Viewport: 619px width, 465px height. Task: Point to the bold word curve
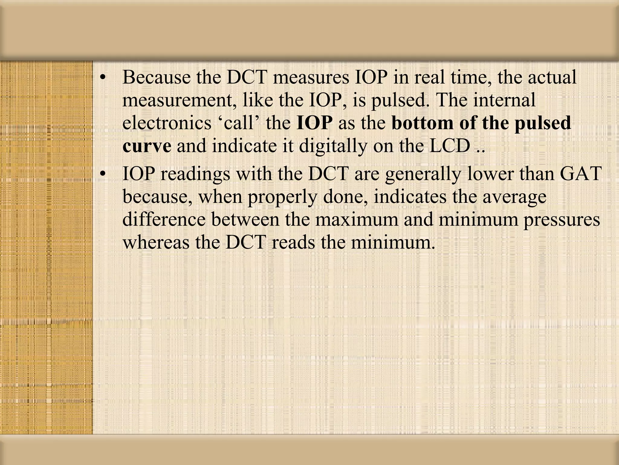[147, 147]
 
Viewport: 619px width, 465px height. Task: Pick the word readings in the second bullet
[195, 174]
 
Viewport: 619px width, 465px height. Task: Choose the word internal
[504, 100]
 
